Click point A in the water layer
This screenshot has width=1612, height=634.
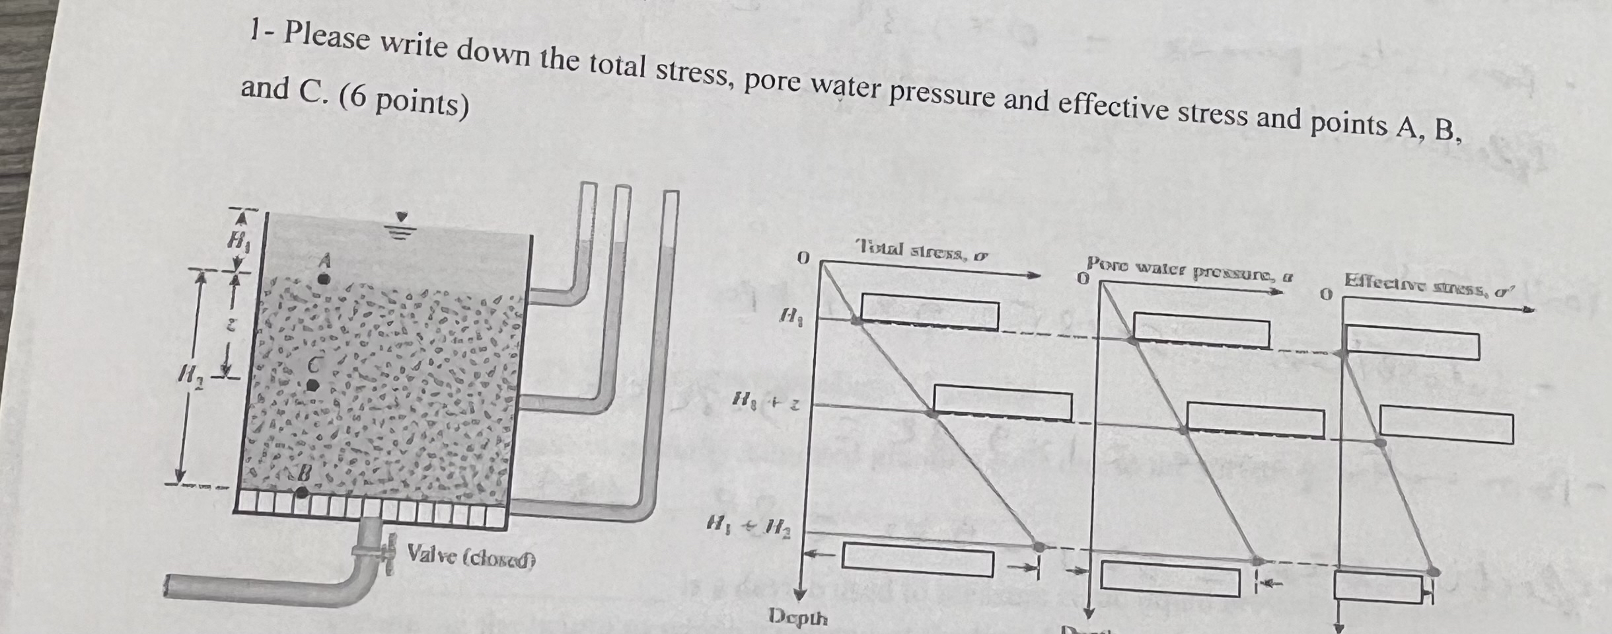(323, 278)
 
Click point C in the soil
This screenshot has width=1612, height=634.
(313, 385)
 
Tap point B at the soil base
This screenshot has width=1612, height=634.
(301, 492)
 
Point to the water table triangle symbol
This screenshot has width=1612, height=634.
(402, 217)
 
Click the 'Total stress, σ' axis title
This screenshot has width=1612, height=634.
(922, 251)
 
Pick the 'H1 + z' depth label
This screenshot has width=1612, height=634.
(766, 401)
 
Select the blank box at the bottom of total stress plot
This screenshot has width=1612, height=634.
(918, 560)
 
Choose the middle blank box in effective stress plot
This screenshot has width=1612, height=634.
(1446, 428)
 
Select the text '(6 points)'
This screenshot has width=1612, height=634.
(404, 103)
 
